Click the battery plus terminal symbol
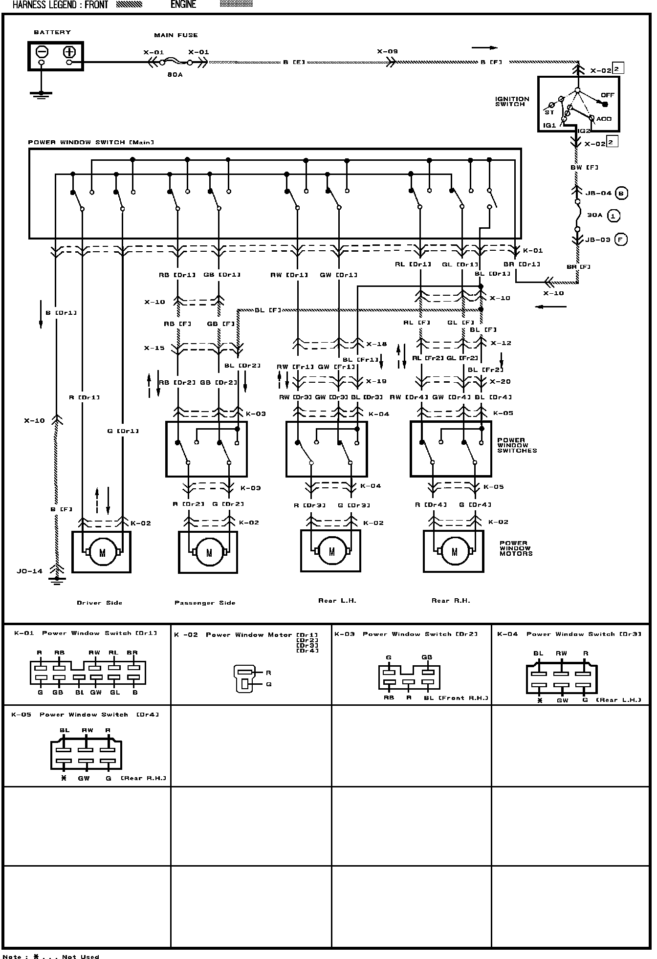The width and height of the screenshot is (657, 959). pyautogui.click(x=69, y=52)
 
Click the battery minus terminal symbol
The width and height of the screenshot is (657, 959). pyautogui.click(x=42, y=52)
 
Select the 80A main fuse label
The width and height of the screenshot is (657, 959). pyautogui.click(x=175, y=75)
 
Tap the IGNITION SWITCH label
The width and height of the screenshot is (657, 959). pyautogui.click(x=512, y=101)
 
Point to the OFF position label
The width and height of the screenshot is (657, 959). pyautogui.click(x=608, y=95)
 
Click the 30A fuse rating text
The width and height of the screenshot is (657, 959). pyautogui.click(x=594, y=215)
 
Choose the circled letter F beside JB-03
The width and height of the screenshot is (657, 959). pyautogui.click(x=621, y=240)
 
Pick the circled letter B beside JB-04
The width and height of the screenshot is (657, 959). pyautogui.click(x=621, y=193)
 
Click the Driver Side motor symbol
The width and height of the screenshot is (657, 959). pyautogui.click(x=102, y=552)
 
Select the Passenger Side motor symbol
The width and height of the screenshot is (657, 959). pyautogui.click(x=209, y=552)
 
